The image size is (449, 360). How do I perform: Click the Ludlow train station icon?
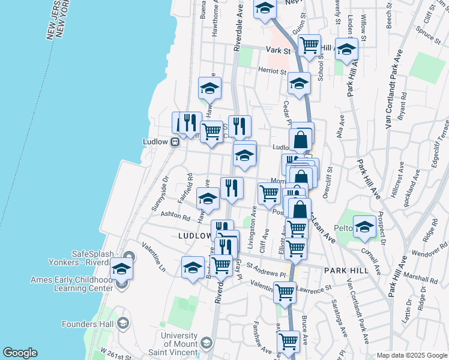[175, 142]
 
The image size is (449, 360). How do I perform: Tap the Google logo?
[20, 353]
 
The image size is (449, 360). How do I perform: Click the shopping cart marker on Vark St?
[309, 44]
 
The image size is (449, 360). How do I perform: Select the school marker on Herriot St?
[298, 83]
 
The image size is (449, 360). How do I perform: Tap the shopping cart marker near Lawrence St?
[285, 292]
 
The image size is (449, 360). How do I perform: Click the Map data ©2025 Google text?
[411, 355]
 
